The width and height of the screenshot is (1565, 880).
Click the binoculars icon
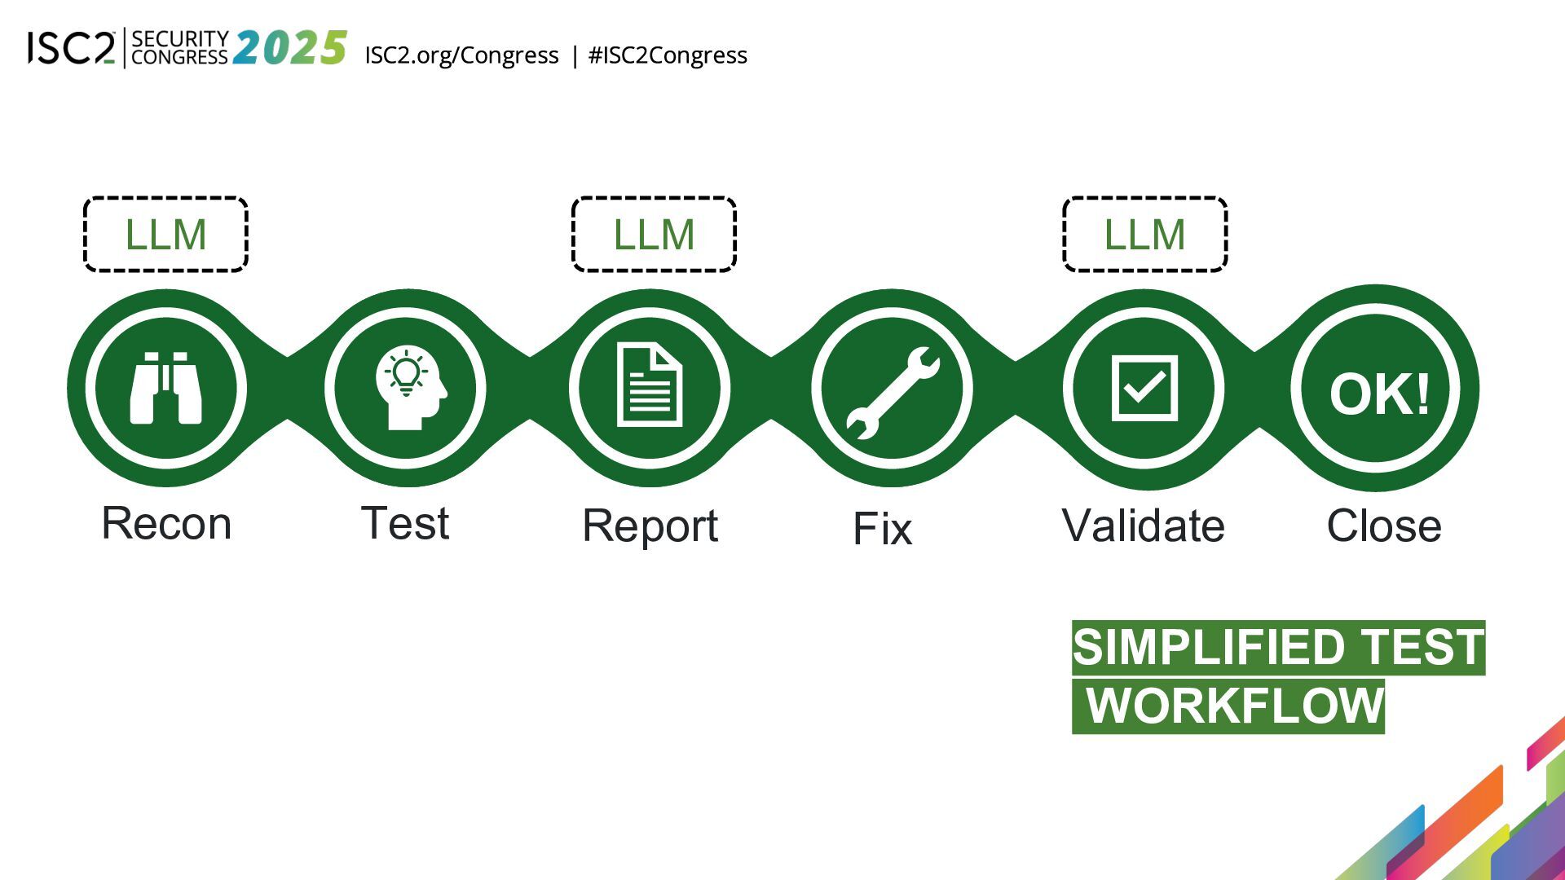click(x=166, y=388)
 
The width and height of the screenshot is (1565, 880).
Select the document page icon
click(x=650, y=385)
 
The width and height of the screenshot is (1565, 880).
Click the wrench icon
click(x=893, y=393)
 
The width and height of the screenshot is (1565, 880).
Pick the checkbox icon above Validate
click(x=1144, y=388)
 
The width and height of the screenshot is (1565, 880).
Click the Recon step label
click(x=166, y=523)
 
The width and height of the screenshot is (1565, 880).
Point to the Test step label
click(x=405, y=523)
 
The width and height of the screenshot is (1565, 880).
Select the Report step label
click(x=650, y=526)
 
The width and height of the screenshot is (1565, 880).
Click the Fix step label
click(x=882, y=529)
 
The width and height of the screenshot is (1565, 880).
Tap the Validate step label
click(x=1143, y=526)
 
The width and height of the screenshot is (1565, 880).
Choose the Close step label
click(x=1384, y=526)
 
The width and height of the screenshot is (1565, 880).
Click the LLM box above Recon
click(x=165, y=235)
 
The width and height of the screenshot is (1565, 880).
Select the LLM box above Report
click(x=654, y=235)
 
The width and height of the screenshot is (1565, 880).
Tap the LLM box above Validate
click(x=1144, y=235)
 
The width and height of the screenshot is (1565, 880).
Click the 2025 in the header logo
click(x=290, y=48)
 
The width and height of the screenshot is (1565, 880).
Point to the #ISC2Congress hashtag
click(x=668, y=55)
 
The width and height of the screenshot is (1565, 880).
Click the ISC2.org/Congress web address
click(x=461, y=55)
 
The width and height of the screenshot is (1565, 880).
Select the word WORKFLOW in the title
click(x=1235, y=706)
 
